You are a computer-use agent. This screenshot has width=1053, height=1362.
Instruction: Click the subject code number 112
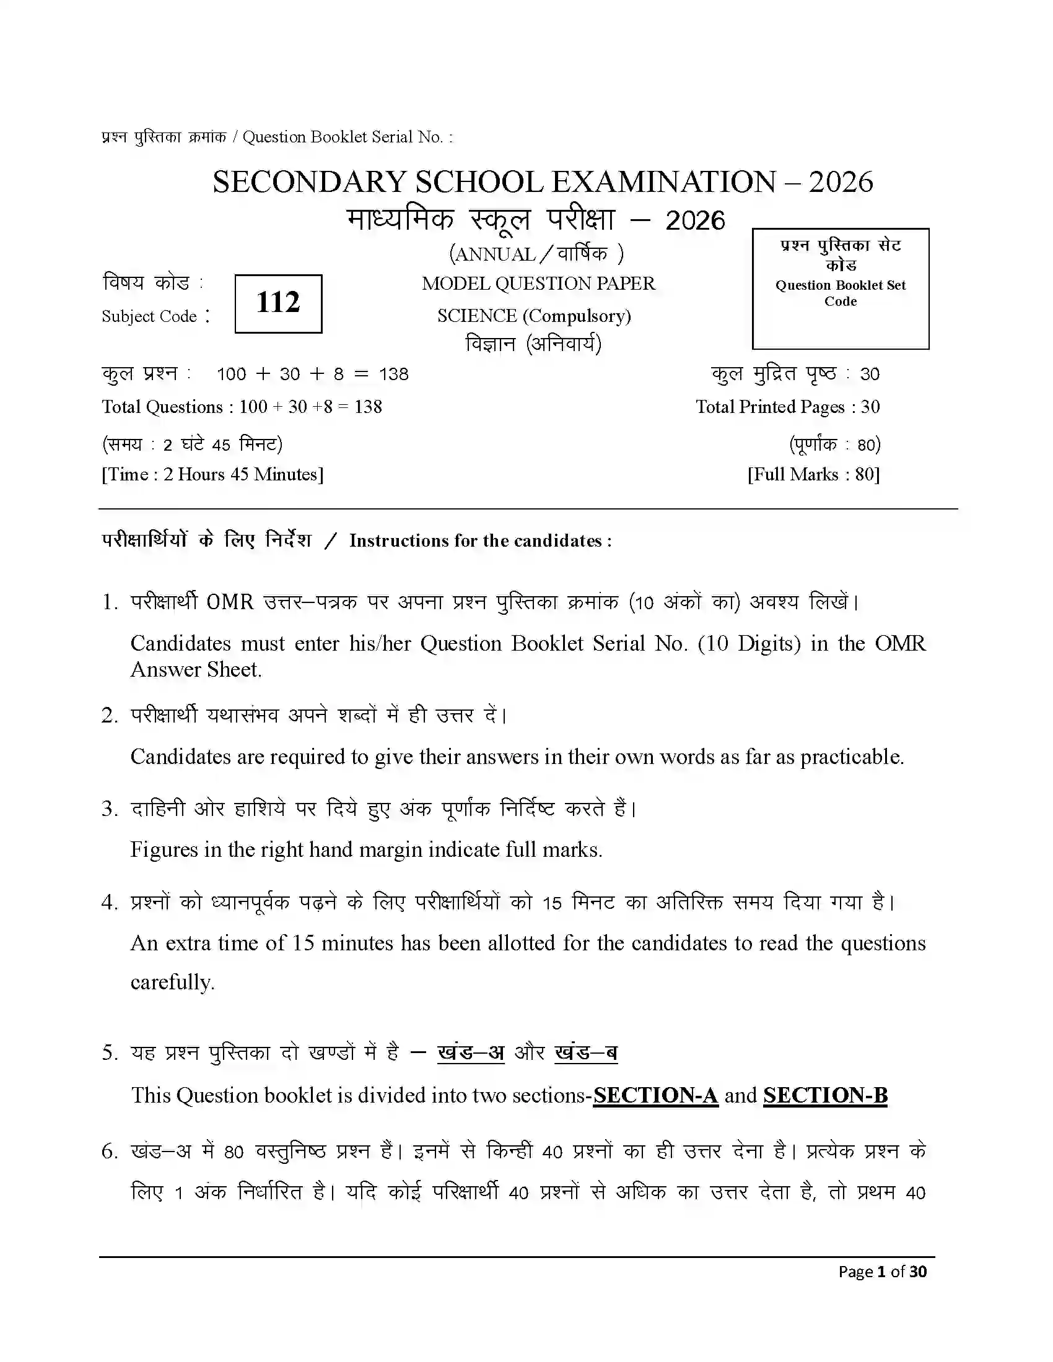[278, 303]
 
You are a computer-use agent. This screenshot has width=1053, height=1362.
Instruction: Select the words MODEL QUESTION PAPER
[538, 284]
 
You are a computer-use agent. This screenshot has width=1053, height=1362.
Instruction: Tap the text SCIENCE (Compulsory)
[534, 316]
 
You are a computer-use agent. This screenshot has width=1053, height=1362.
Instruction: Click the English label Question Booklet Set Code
[841, 293]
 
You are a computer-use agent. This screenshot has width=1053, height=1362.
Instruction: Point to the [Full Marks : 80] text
[813, 475]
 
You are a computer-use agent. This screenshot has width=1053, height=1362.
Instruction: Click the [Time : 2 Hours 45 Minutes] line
[212, 475]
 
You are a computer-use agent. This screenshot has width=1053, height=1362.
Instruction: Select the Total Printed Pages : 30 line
[787, 407]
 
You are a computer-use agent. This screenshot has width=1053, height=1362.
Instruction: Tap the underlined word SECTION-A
[655, 1095]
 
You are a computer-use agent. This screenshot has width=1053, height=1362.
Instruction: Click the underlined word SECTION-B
[824, 1095]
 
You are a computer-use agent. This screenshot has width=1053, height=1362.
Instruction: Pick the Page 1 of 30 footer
[882, 1272]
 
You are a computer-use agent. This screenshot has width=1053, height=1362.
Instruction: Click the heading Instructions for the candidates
[480, 540]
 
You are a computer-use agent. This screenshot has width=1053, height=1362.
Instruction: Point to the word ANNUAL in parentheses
[496, 254]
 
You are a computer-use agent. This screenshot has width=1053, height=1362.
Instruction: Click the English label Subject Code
[150, 317]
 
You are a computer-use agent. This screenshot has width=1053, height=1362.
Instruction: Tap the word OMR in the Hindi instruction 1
[230, 602]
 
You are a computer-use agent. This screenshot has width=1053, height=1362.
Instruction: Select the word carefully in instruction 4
[172, 982]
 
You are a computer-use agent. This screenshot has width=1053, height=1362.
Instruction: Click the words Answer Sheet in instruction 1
[195, 670]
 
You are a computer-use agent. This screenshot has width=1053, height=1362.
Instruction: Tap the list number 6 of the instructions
[109, 1152]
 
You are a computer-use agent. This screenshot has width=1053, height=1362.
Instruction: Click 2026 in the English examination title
[841, 182]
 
